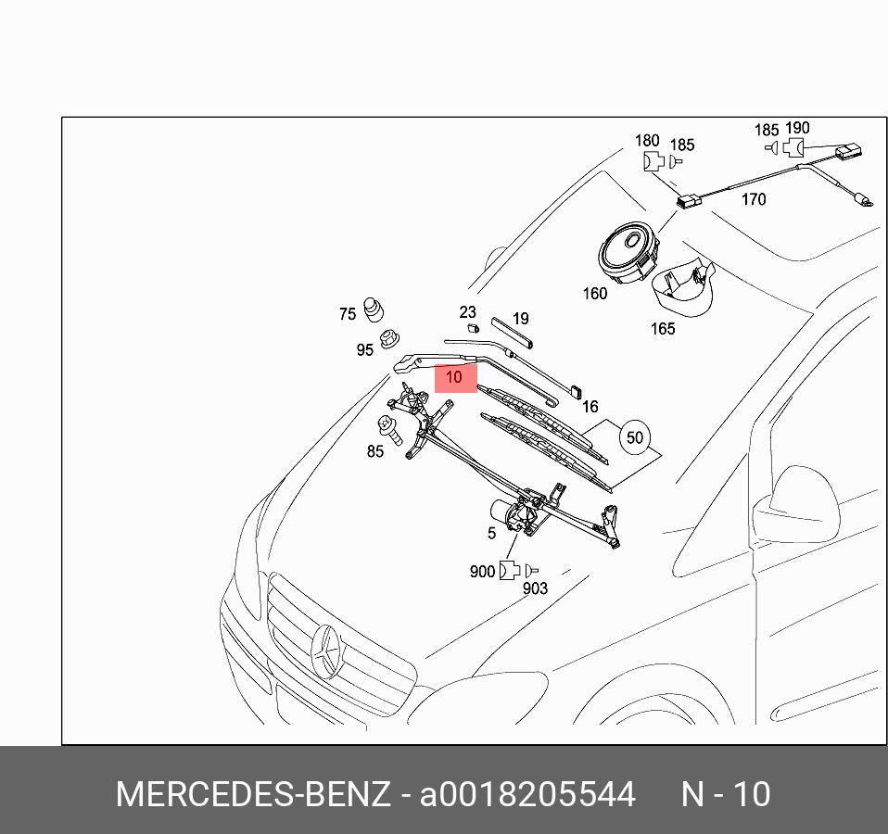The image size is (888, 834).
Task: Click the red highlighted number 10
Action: pos(454,377)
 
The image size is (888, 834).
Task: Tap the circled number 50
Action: pos(634,437)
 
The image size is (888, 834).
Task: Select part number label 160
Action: pos(594,294)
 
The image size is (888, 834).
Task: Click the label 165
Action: pos(663,329)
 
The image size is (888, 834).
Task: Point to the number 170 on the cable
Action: pos(754,199)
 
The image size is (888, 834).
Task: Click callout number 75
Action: pos(347,314)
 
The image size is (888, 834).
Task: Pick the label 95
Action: pos(364,349)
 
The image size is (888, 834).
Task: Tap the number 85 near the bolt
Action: pos(374,452)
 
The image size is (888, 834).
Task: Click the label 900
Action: pos(482,572)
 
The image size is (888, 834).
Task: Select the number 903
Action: pos(535,588)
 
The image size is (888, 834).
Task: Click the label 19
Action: pos(520,320)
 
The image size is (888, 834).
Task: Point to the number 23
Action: pos(467,312)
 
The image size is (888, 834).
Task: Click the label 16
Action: pos(590,406)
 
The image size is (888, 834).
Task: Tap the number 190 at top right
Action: pos(796,129)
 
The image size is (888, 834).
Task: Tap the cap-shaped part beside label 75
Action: pos(374,309)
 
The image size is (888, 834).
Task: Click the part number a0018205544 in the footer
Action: pos(528,794)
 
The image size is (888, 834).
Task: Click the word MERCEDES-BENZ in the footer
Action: pos(252,794)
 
